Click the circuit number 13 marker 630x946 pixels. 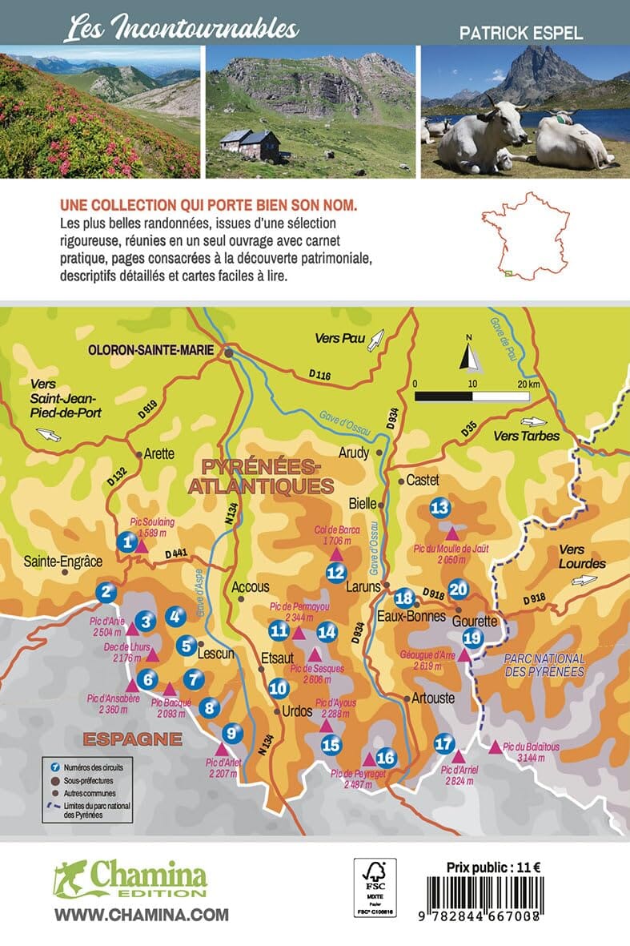(x=440, y=508)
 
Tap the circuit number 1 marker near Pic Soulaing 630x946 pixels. (x=126, y=543)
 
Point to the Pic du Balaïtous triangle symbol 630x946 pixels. (x=496, y=747)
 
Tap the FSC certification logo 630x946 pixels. (x=375, y=887)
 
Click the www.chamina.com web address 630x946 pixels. (x=142, y=915)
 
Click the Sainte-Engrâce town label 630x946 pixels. (x=59, y=562)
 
